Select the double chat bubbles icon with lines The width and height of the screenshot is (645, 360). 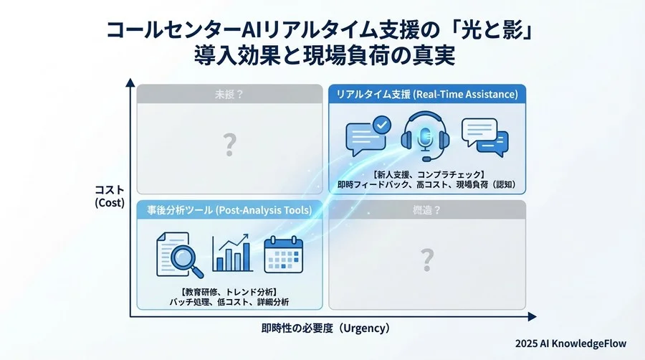pyautogui.click(x=485, y=136)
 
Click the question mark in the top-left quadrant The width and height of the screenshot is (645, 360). pyautogui.click(x=229, y=146)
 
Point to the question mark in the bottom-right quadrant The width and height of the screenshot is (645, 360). pyautogui.click(x=427, y=258)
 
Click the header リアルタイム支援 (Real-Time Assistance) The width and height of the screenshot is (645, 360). pyautogui.click(x=427, y=94)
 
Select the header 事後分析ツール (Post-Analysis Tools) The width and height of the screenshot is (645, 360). pyautogui.click(x=229, y=210)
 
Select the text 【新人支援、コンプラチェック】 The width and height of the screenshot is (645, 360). pyautogui.click(x=427, y=174)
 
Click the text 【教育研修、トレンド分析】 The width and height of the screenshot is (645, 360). pyautogui.click(x=229, y=291)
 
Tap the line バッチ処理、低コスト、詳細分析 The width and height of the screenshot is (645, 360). pyautogui.click(x=229, y=303)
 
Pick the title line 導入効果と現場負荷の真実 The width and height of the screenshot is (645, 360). pyautogui.click(x=324, y=57)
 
